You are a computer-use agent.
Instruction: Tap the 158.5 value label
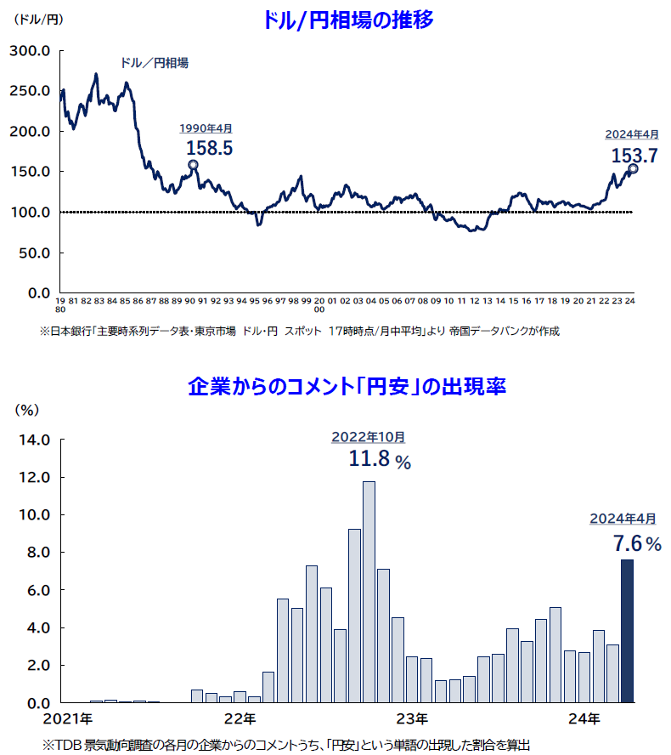208,147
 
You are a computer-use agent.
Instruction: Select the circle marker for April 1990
193,165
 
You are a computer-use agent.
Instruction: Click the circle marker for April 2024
633,168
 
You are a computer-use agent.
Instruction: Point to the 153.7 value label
634,155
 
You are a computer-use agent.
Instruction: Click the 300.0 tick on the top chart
31,51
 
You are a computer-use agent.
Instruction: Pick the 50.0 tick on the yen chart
35,253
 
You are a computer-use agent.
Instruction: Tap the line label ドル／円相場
154,63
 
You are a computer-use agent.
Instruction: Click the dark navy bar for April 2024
627,630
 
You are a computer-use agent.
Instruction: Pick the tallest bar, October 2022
369,591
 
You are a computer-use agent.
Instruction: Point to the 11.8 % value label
379,461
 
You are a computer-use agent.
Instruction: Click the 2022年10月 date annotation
368,437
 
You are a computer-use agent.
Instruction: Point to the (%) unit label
28,409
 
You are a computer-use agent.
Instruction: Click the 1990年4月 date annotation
205,128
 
